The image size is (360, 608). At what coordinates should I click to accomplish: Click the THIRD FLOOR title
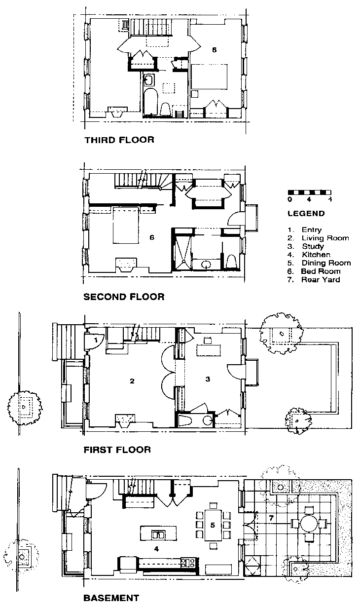(x=119, y=140)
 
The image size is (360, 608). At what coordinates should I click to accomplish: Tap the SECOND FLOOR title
(x=124, y=297)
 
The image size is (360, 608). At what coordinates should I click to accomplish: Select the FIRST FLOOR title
(x=117, y=450)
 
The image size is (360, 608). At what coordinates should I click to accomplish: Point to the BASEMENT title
(x=111, y=598)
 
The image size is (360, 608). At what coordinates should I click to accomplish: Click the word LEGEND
(x=306, y=214)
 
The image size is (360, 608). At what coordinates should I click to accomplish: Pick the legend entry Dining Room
(x=325, y=263)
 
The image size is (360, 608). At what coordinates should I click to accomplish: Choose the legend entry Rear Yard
(x=321, y=279)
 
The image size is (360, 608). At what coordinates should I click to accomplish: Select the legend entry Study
(x=313, y=246)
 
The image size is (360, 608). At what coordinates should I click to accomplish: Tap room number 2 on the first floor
(x=132, y=380)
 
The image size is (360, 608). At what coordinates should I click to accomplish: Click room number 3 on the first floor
(x=208, y=379)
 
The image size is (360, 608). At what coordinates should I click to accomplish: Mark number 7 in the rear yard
(x=271, y=518)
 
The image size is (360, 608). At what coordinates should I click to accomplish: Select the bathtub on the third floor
(x=150, y=102)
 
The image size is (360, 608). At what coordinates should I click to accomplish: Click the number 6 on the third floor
(x=214, y=50)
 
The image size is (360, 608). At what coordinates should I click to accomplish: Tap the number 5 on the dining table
(x=213, y=525)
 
